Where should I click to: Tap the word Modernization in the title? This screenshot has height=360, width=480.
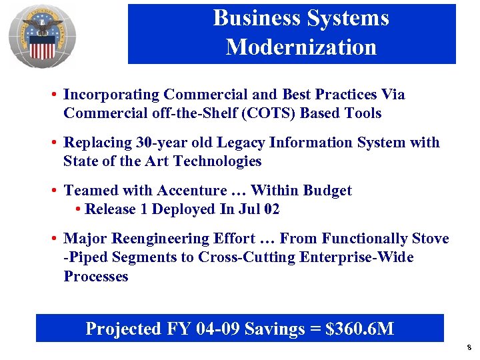[x=301, y=47]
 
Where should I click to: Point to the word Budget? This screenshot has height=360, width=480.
[x=327, y=191]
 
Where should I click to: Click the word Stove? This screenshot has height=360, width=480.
[x=430, y=239]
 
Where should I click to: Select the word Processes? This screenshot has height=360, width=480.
[x=95, y=276]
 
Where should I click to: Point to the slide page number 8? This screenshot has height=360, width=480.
[x=469, y=347]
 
